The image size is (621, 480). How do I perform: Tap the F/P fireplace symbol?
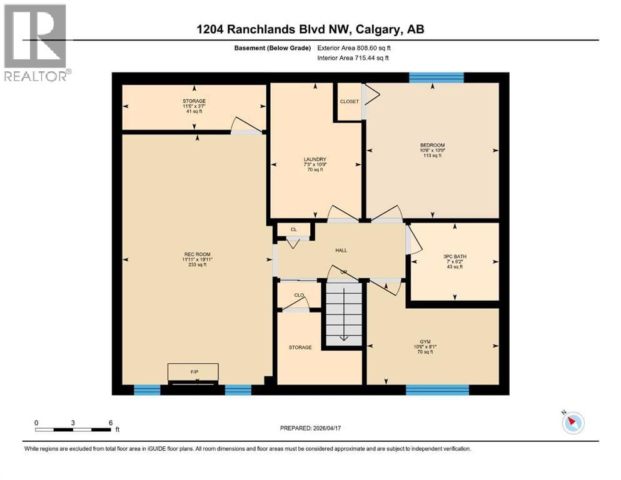pos(193,372)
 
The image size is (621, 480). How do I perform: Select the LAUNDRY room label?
pos(316,159)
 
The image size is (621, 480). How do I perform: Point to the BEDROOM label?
pos(432,145)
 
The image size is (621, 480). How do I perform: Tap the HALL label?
pos(341,250)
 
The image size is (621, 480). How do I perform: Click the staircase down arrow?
pos(343,338)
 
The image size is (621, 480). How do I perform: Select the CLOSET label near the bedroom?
pos(350,101)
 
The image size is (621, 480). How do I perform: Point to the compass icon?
pos(572,423)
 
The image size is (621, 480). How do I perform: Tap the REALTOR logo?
pos(36,42)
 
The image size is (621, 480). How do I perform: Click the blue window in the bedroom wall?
pos(437,77)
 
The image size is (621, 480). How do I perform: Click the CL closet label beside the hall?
pos(293,229)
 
